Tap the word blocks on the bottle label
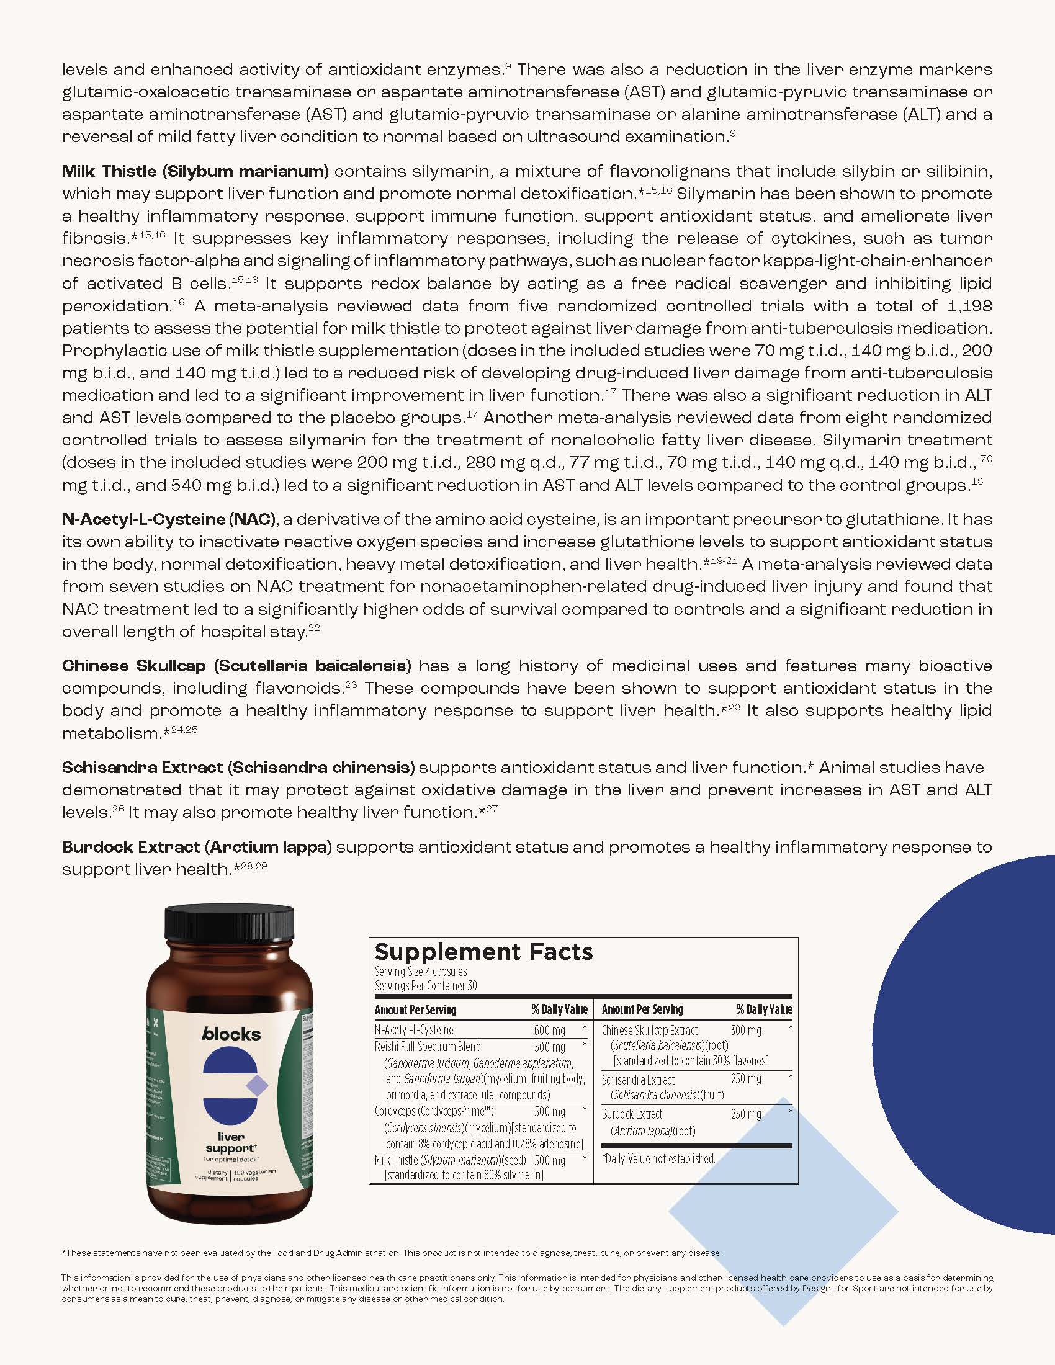click(231, 1034)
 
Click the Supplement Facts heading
click(483, 952)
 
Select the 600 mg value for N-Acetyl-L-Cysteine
click(549, 1030)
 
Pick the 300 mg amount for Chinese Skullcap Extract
click(745, 1030)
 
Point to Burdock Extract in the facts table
click(632, 1114)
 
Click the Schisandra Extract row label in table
click(638, 1080)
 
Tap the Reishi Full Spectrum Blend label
click(428, 1046)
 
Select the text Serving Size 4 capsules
click(421, 971)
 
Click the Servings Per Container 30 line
click(426, 986)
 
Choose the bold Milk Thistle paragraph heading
click(195, 171)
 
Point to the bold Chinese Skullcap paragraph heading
click(236, 666)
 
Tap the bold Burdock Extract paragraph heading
click(197, 847)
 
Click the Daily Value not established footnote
click(658, 1159)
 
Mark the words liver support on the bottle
click(231, 1142)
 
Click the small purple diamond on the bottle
click(257, 1086)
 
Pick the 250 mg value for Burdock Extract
click(745, 1114)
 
